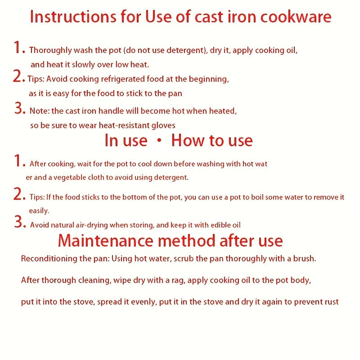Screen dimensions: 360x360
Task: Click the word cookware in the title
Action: click(296, 17)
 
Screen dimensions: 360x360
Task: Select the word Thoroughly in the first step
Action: click(50, 50)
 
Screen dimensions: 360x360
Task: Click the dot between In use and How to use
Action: click(159, 140)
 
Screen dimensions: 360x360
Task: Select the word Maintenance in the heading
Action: click(105, 241)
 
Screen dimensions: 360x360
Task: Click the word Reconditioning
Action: click(49, 259)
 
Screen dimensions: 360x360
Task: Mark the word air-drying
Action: click(92, 225)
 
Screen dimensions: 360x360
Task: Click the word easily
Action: click(39, 211)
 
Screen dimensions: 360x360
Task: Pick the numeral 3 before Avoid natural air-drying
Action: click(18, 221)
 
